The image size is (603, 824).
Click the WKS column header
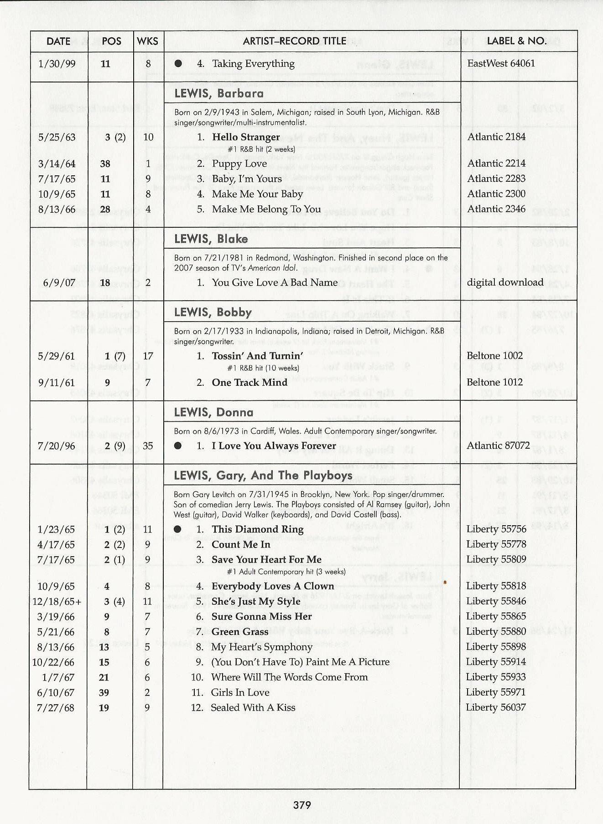(x=147, y=41)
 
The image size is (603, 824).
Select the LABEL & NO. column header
(x=517, y=41)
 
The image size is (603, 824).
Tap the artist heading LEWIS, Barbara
(x=219, y=93)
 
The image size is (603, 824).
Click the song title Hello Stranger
(x=246, y=137)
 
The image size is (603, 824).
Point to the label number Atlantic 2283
(x=496, y=179)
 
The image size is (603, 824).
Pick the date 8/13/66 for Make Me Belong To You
(x=57, y=210)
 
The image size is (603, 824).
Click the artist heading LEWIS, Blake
(x=211, y=239)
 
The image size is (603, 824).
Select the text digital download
(x=505, y=282)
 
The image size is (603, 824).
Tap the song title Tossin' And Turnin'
(x=257, y=356)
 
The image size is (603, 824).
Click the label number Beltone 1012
(x=494, y=382)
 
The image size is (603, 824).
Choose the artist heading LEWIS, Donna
(x=213, y=412)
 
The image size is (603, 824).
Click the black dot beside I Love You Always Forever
(x=178, y=446)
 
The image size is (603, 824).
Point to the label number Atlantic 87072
(x=498, y=445)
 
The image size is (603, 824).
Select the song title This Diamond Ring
(x=257, y=529)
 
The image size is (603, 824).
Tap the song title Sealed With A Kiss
(x=253, y=707)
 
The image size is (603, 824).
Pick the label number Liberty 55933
(x=496, y=677)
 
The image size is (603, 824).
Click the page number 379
(x=302, y=805)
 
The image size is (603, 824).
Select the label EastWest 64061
(x=501, y=63)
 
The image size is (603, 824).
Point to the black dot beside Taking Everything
(x=178, y=64)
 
